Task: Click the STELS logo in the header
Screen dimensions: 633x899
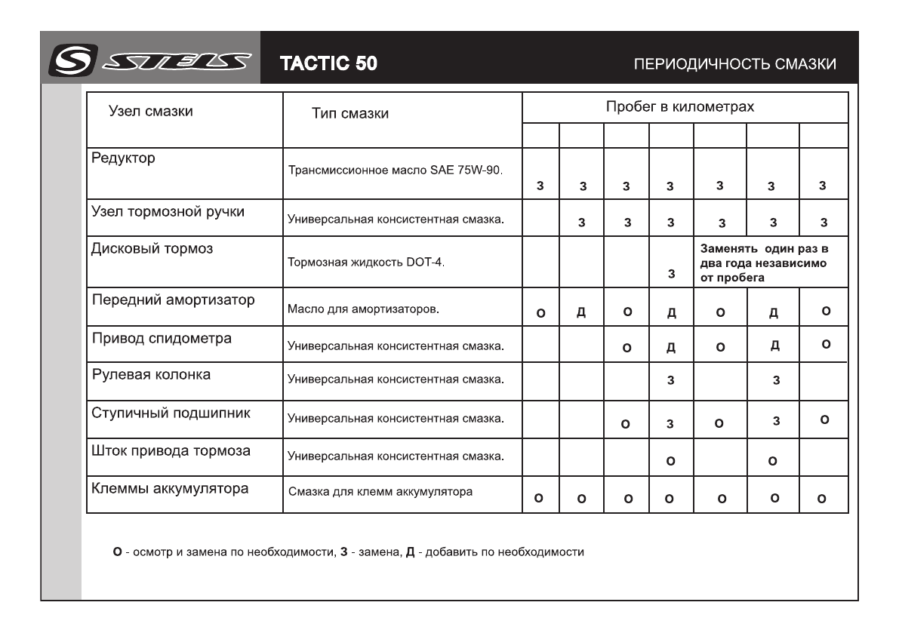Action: pos(149,63)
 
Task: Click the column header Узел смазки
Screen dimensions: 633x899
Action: pos(152,112)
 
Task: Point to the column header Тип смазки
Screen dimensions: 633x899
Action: pos(350,114)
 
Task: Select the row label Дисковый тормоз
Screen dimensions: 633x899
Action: pos(143,248)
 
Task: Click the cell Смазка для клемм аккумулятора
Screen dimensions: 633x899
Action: pos(381,493)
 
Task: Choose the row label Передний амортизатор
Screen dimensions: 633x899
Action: pos(173,300)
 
